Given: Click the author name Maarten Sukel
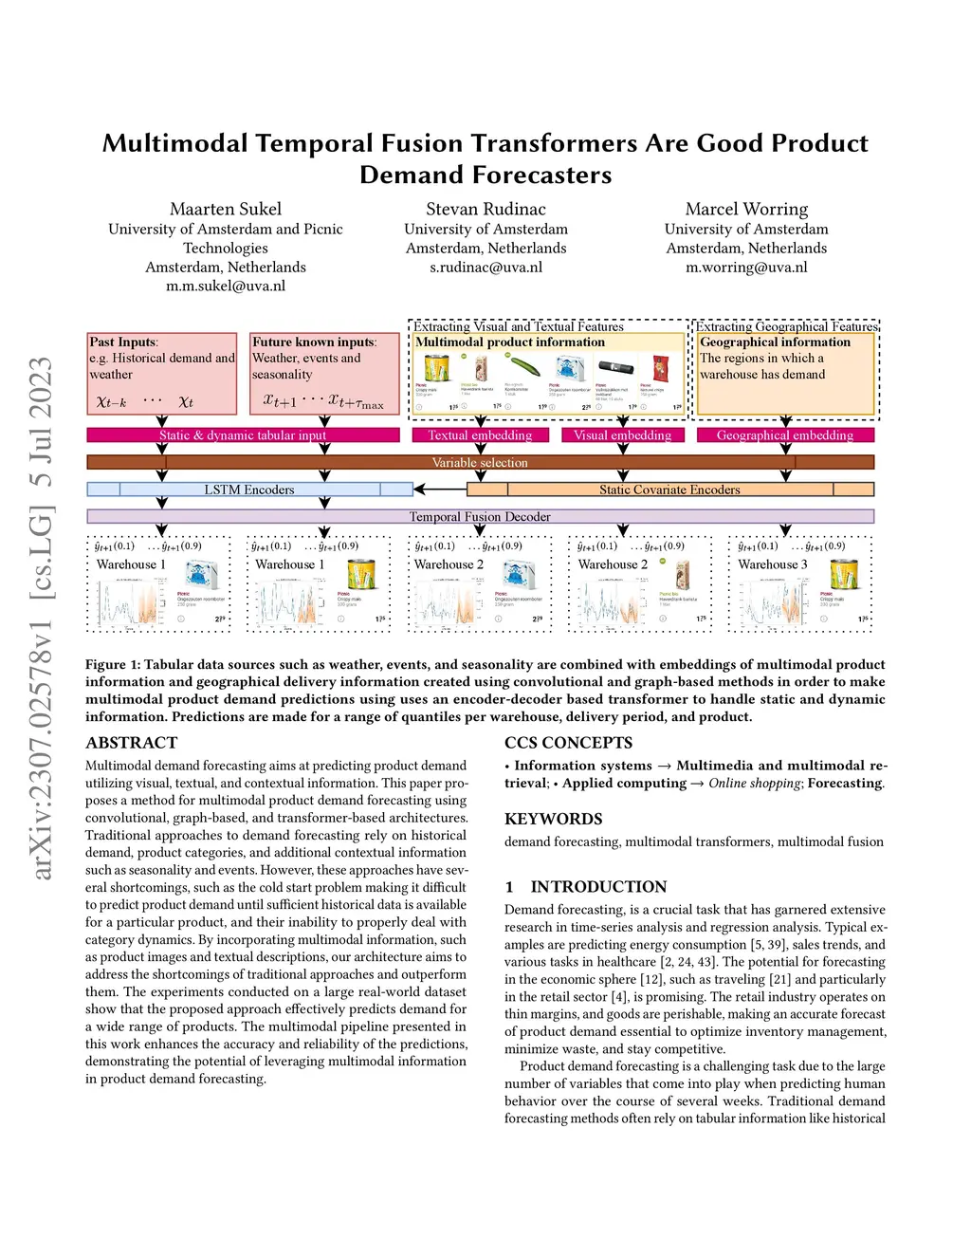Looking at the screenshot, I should coord(226,209).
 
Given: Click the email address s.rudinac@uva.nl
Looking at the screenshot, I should coord(485,268).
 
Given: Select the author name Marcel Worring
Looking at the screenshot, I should coord(746,209).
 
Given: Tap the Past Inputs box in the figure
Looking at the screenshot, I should coord(161,373).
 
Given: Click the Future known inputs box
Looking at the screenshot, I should coord(324,373).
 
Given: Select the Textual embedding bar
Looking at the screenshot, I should coord(480,435).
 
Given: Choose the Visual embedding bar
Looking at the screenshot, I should coord(622,435).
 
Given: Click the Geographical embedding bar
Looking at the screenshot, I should coord(785,435).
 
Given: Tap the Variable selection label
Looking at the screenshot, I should coord(480,463).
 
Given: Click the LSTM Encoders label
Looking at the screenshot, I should coord(249,490).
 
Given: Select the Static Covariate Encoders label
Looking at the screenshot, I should coord(669,490).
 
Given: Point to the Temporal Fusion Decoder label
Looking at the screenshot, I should coord(480,517).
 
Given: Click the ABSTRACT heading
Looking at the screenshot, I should coord(131,743).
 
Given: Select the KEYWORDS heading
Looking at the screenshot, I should coord(553,819).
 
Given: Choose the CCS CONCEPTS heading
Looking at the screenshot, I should coord(568,743).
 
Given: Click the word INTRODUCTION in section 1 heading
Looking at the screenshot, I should coord(598,887).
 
